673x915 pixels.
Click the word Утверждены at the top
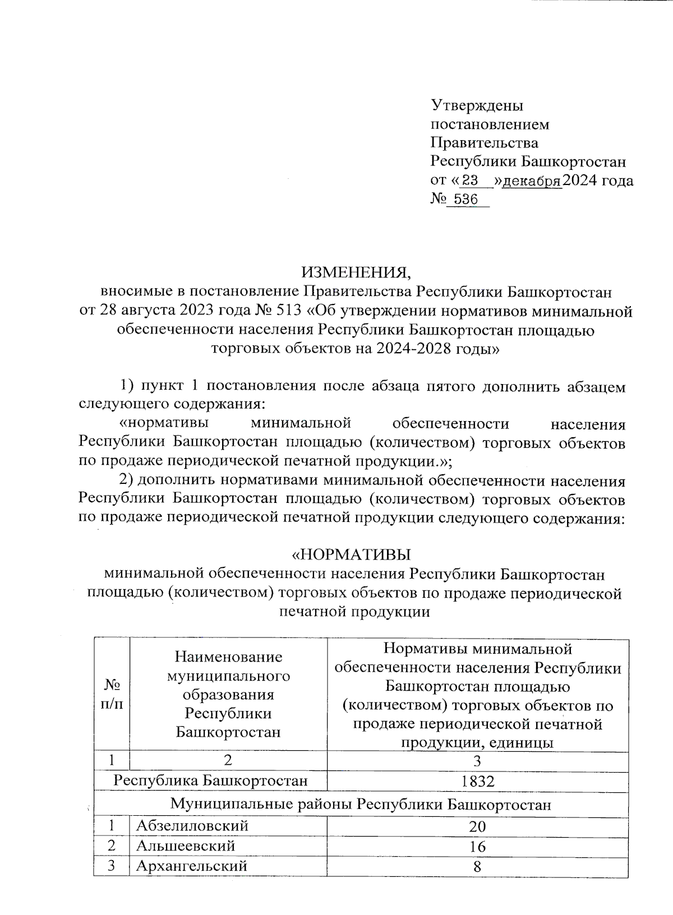pyautogui.click(x=477, y=105)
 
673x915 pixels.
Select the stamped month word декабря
pyautogui.click(x=532, y=181)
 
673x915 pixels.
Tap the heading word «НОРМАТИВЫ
pyautogui.click(x=350, y=554)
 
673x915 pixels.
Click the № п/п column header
pyautogui.click(x=112, y=694)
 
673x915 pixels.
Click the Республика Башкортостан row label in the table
pyautogui.click(x=211, y=780)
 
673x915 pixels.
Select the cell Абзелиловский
pyautogui.click(x=192, y=826)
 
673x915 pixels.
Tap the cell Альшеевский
pyautogui.click(x=186, y=845)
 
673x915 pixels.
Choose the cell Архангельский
pyautogui.click(x=191, y=866)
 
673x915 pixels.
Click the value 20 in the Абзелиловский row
pyautogui.click(x=477, y=826)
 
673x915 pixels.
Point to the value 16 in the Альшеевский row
pyautogui.click(x=477, y=846)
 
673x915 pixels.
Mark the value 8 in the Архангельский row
pyautogui.click(x=477, y=866)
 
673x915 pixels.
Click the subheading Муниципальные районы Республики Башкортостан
pyautogui.click(x=361, y=805)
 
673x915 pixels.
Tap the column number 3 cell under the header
pyautogui.click(x=477, y=761)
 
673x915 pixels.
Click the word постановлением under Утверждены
pyautogui.click(x=490, y=124)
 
